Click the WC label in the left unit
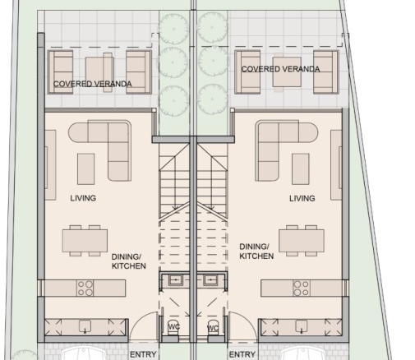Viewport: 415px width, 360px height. click(x=174, y=326)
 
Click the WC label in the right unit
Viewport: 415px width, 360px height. click(x=213, y=328)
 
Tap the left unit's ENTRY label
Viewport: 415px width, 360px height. click(x=143, y=354)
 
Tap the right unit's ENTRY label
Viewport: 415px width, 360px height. click(x=242, y=354)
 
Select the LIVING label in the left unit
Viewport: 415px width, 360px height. click(x=83, y=198)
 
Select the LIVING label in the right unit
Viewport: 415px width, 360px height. click(x=302, y=198)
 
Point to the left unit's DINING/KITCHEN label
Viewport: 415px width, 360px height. click(x=128, y=261)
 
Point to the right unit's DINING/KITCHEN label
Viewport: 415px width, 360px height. click(x=256, y=252)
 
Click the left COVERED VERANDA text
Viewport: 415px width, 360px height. click(x=92, y=84)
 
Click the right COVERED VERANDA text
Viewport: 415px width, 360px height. click(x=280, y=69)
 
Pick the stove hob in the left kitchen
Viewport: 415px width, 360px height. click(x=85, y=288)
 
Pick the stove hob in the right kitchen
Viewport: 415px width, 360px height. click(x=302, y=288)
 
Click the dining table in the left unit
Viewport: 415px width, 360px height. click(x=85, y=241)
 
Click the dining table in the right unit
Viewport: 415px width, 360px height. click(x=302, y=241)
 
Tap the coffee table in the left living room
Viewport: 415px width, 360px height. click(x=85, y=168)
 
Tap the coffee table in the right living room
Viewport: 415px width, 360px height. click(x=301, y=168)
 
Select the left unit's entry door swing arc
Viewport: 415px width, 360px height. click(x=138, y=319)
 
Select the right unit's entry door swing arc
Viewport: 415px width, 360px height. click(x=248, y=319)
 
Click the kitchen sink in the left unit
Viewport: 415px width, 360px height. click(x=85, y=326)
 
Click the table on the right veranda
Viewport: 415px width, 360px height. click(x=287, y=72)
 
